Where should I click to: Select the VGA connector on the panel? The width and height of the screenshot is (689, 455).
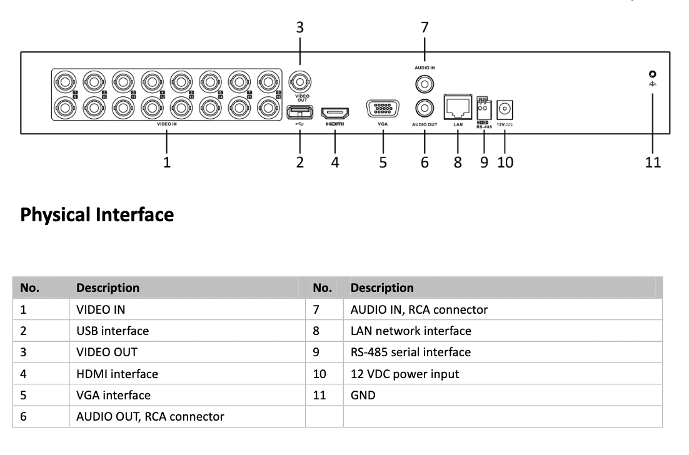click(383, 109)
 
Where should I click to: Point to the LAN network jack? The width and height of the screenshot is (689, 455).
click(458, 107)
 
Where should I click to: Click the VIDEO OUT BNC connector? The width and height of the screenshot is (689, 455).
click(300, 82)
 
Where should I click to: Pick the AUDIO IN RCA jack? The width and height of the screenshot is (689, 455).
click(425, 82)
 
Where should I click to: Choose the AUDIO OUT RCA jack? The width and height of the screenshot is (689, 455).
click(425, 109)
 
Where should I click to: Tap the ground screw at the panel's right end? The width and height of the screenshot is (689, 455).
click(652, 74)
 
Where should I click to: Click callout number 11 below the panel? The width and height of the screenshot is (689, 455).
click(653, 162)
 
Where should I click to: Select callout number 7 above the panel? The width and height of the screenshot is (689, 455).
click(425, 27)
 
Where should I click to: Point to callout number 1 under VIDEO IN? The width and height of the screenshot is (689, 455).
click(167, 162)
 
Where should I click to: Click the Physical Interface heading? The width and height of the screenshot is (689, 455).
click(97, 215)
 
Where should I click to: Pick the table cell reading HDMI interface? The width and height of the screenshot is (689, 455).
click(117, 374)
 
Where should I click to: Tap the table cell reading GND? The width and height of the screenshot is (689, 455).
click(363, 395)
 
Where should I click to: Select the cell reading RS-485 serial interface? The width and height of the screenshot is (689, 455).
click(410, 352)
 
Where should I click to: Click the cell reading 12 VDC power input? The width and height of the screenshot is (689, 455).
click(405, 374)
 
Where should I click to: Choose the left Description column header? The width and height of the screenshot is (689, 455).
click(108, 287)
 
